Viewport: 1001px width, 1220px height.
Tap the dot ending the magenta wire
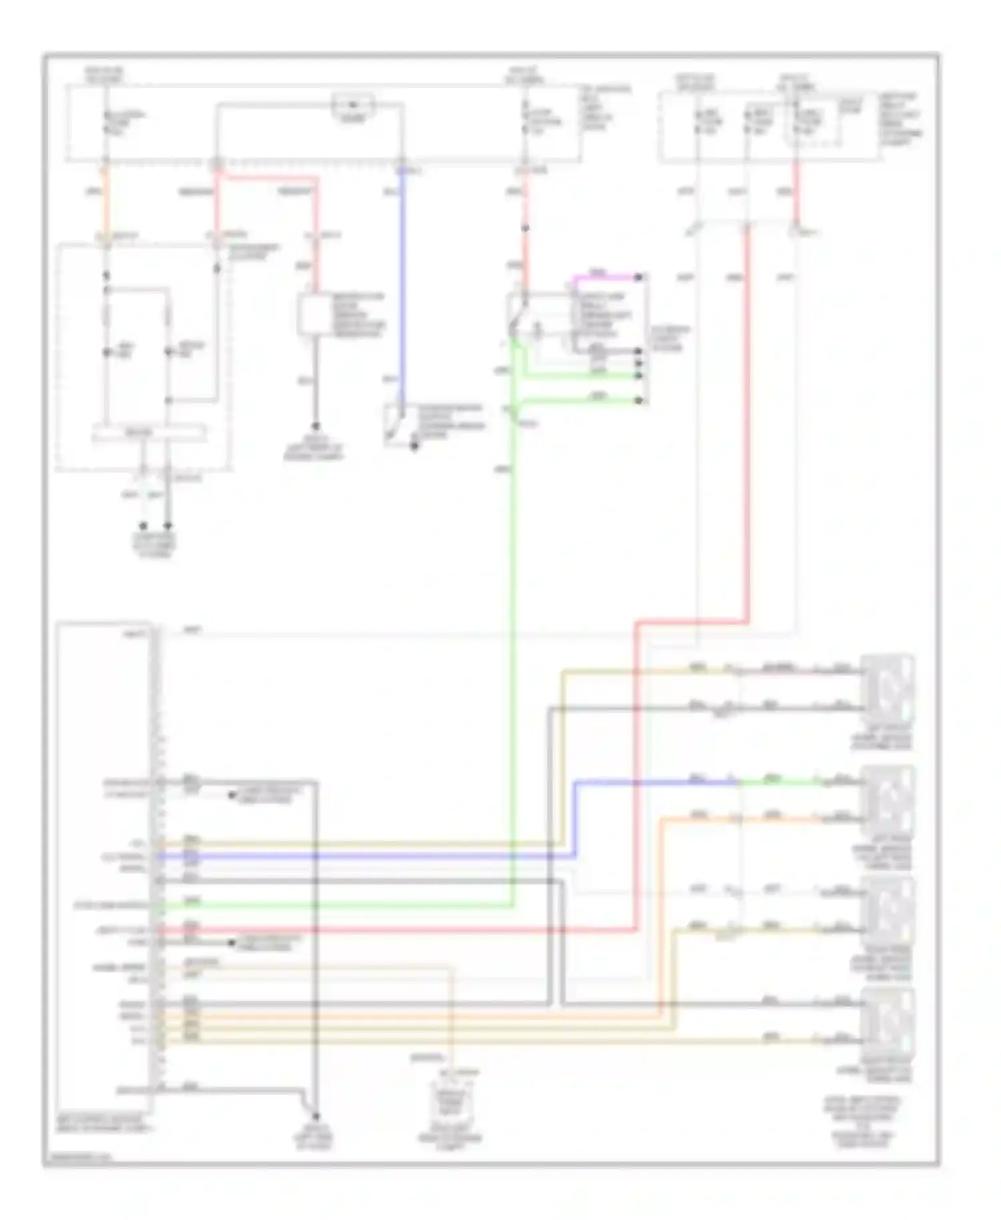[639, 276]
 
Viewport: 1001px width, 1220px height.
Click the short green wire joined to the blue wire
[777, 781]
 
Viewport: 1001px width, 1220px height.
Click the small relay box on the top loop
[354, 105]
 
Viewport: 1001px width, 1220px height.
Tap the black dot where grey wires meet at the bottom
[316, 1117]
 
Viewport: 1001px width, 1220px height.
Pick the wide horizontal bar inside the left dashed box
[149, 434]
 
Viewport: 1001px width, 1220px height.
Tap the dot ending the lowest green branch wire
[639, 400]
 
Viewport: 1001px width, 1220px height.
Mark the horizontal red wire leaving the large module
[400, 930]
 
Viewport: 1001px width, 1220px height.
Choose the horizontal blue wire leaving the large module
[367, 855]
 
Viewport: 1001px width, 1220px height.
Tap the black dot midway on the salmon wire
[525, 228]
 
